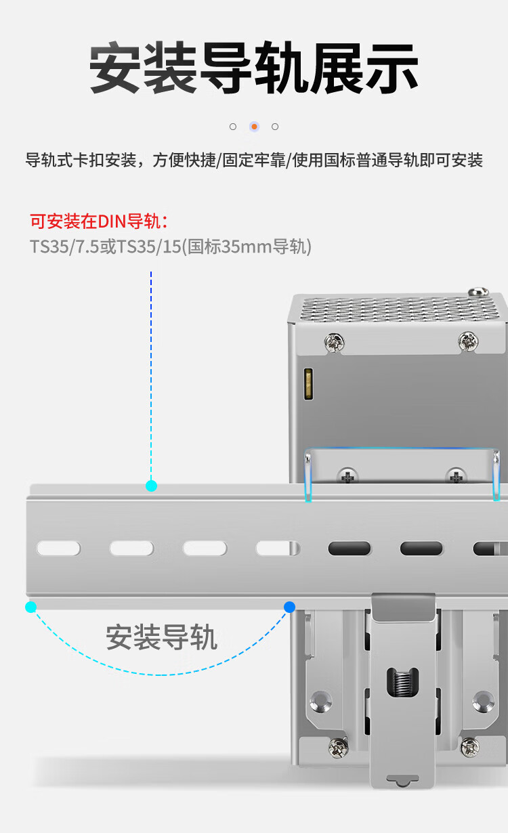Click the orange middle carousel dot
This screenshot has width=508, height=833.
click(x=255, y=127)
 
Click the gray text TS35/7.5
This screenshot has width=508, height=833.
click(x=65, y=247)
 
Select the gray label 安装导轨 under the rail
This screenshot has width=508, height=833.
click(x=162, y=637)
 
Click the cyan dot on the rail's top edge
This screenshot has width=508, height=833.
click(x=151, y=486)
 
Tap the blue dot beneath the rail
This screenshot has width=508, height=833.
click(x=290, y=607)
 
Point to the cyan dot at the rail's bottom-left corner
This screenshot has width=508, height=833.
click(x=31, y=607)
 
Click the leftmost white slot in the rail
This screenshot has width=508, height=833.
click(x=58, y=549)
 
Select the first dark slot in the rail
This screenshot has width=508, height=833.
click(x=350, y=549)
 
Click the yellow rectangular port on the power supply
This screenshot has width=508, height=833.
click(x=308, y=384)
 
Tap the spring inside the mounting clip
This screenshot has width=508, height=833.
click(x=402, y=682)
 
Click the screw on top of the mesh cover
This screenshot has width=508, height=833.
click(x=478, y=291)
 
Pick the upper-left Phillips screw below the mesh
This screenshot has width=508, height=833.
click(x=335, y=343)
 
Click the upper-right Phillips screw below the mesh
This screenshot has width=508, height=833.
click(x=468, y=341)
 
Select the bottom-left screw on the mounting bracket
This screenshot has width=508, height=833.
click(x=339, y=747)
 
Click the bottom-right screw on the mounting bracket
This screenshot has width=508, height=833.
click(x=470, y=747)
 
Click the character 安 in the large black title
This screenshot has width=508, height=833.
click(x=116, y=68)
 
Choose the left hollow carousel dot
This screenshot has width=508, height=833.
click(x=233, y=127)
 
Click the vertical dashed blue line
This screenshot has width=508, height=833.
click(x=151, y=376)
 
